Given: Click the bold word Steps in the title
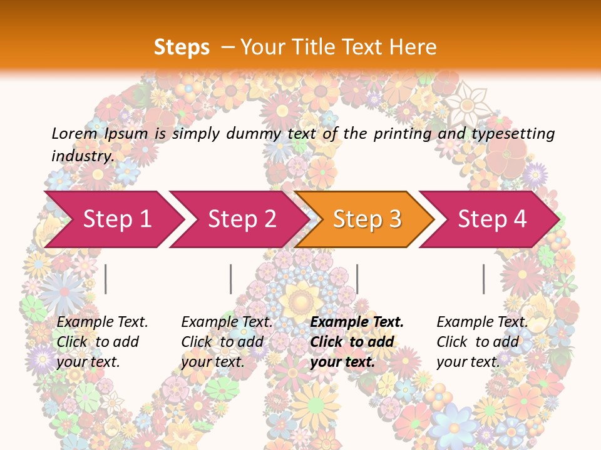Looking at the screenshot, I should point(182,47).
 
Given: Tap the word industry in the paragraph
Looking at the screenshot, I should point(82,156).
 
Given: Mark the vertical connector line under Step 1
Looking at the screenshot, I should point(106,279).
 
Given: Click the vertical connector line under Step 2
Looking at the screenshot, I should point(231,279).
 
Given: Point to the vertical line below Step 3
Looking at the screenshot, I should point(357,279).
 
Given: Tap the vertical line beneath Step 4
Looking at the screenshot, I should point(483,279).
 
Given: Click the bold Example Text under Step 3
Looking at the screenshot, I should point(357,322).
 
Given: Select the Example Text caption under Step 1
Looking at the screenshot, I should point(102,322).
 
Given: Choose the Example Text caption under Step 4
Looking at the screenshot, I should point(482,322).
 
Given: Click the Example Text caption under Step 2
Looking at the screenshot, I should point(227,322).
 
